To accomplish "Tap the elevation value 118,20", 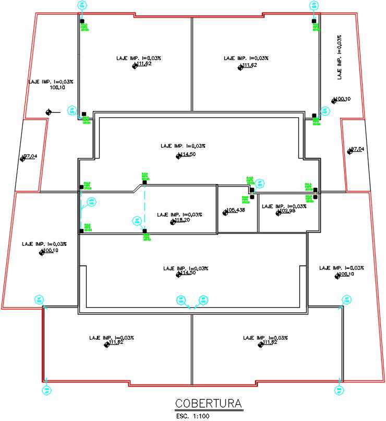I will click(181, 221).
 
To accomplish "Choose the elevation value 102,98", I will click(286, 211).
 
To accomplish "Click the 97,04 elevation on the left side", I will click(30, 155).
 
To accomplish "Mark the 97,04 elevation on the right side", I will click(357, 149).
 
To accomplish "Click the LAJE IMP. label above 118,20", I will click(179, 214).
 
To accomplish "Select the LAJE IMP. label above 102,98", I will click(284, 206).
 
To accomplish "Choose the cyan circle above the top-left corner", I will click(81, 6).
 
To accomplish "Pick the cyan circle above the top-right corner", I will click(314, 6).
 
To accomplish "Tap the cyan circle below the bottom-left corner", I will click(46, 389).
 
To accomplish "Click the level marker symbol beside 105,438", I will click(225, 212).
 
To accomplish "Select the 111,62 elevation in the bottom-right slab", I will click(268, 342).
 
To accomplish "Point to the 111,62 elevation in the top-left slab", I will click(142, 64).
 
